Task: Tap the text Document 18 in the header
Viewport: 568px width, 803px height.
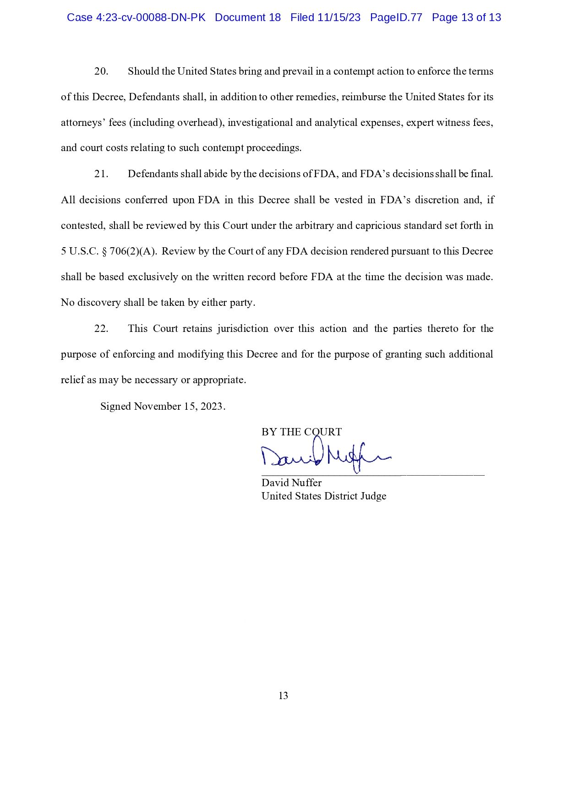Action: [247, 17]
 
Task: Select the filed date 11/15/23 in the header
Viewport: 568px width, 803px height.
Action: [340, 17]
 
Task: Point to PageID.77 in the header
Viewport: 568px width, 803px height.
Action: [396, 17]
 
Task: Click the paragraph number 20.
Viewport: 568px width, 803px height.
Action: [101, 71]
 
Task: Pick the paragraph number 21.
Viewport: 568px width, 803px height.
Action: [101, 174]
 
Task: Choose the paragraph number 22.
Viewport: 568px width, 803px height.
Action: [101, 329]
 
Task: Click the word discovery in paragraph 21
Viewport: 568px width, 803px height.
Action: [99, 303]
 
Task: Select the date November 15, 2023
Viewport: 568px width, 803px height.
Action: [179, 407]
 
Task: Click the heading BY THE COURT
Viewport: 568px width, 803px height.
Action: [301, 432]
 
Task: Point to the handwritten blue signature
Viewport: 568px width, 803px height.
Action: [325, 456]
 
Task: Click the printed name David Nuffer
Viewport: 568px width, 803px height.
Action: [291, 483]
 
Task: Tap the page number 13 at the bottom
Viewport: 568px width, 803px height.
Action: [283, 696]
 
